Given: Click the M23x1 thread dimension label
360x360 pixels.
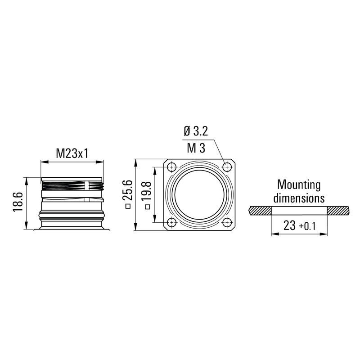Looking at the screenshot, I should [x=72, y=153].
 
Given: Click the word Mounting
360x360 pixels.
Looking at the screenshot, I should [x=299, y=184].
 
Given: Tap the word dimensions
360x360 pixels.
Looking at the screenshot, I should [x=299, y=198].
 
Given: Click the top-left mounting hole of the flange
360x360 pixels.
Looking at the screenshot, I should [x=171, y=168].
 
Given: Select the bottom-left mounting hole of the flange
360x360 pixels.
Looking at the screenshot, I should [x=171, y=222].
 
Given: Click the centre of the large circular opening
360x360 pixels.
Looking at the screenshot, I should [x=199, y=195].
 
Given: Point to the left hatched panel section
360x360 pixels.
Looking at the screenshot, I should [x=260, y=210].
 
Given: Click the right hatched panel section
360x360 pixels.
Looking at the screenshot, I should [x=337, y=210].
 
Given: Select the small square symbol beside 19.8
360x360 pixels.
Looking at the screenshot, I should [x=147, y=207].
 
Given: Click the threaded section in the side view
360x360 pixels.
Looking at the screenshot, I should [x=72, y=185].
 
